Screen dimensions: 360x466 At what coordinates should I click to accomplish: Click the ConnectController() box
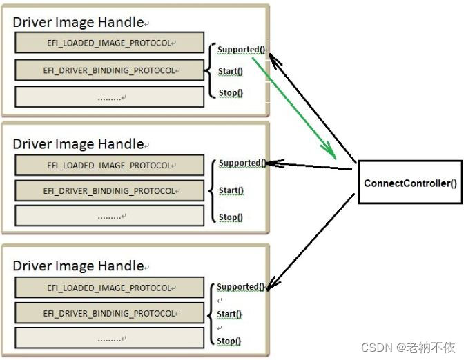click(410, 183)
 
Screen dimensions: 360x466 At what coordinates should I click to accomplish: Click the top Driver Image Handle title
click(78, 22)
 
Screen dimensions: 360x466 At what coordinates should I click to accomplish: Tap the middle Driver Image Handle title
click(78, 144)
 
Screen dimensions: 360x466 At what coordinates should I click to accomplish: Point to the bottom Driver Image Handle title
click(78, 266)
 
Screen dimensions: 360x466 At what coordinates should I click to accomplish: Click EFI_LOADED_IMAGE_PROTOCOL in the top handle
click(110, 43)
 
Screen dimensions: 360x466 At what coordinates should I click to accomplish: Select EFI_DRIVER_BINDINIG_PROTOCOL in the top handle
click(110, 70)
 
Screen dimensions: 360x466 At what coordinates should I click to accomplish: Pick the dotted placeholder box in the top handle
click(110, 97)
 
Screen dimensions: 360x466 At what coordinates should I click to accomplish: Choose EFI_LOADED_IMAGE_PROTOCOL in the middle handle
click(110, 166)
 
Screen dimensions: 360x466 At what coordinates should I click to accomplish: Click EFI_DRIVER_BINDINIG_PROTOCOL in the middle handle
click(110, 190)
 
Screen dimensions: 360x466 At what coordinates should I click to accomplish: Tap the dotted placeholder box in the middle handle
click(110, 216)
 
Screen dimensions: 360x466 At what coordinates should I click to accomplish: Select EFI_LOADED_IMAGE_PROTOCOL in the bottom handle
click(110, 288)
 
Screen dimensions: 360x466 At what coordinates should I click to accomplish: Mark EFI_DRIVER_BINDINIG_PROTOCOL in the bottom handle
click(110, 313)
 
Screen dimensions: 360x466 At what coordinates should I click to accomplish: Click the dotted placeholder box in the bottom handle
click(110, 338)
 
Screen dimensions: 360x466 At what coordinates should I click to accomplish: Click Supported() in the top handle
click(240, 50)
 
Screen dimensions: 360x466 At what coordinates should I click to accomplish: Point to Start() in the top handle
click(231, 71)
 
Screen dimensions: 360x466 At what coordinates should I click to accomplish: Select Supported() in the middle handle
click(242, 163)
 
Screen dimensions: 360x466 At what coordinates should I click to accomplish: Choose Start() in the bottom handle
click(229, 314)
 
